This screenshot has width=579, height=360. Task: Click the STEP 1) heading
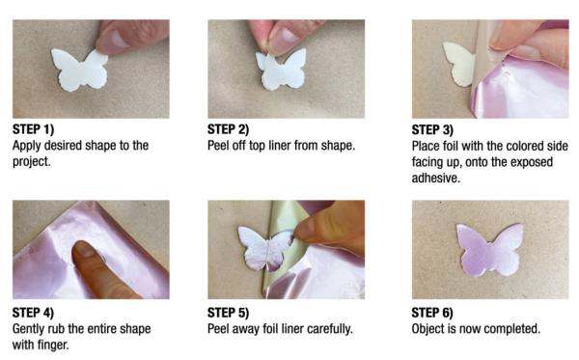pyautogui.click(x=33, y=129)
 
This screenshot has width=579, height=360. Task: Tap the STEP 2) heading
pyautogui.click(x=228, y=129)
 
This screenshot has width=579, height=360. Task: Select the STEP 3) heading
pyautogui.click(x=432, y=130)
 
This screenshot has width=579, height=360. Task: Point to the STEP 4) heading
pyautogui.click(x=33, y=313)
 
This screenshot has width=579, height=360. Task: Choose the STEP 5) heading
pyautogui.click(x=228, y=313)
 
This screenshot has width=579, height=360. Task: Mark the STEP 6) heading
pyautogui.click(x=432, y=313)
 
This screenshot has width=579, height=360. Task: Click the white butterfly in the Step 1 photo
pyautogui.click(x=79, y=70)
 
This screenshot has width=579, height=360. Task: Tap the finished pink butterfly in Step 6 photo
pyautogui.click(x=490, y=250)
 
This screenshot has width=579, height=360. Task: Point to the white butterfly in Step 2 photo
pyautogui.click(x=282, y=70)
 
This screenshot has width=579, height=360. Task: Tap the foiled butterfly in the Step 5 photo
pyautogui.click(x=265, y=248)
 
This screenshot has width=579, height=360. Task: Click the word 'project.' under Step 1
pyautogui.click(x=32, y=162)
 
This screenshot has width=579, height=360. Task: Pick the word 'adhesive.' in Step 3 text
pyautogui.click(x=436, y=178)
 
